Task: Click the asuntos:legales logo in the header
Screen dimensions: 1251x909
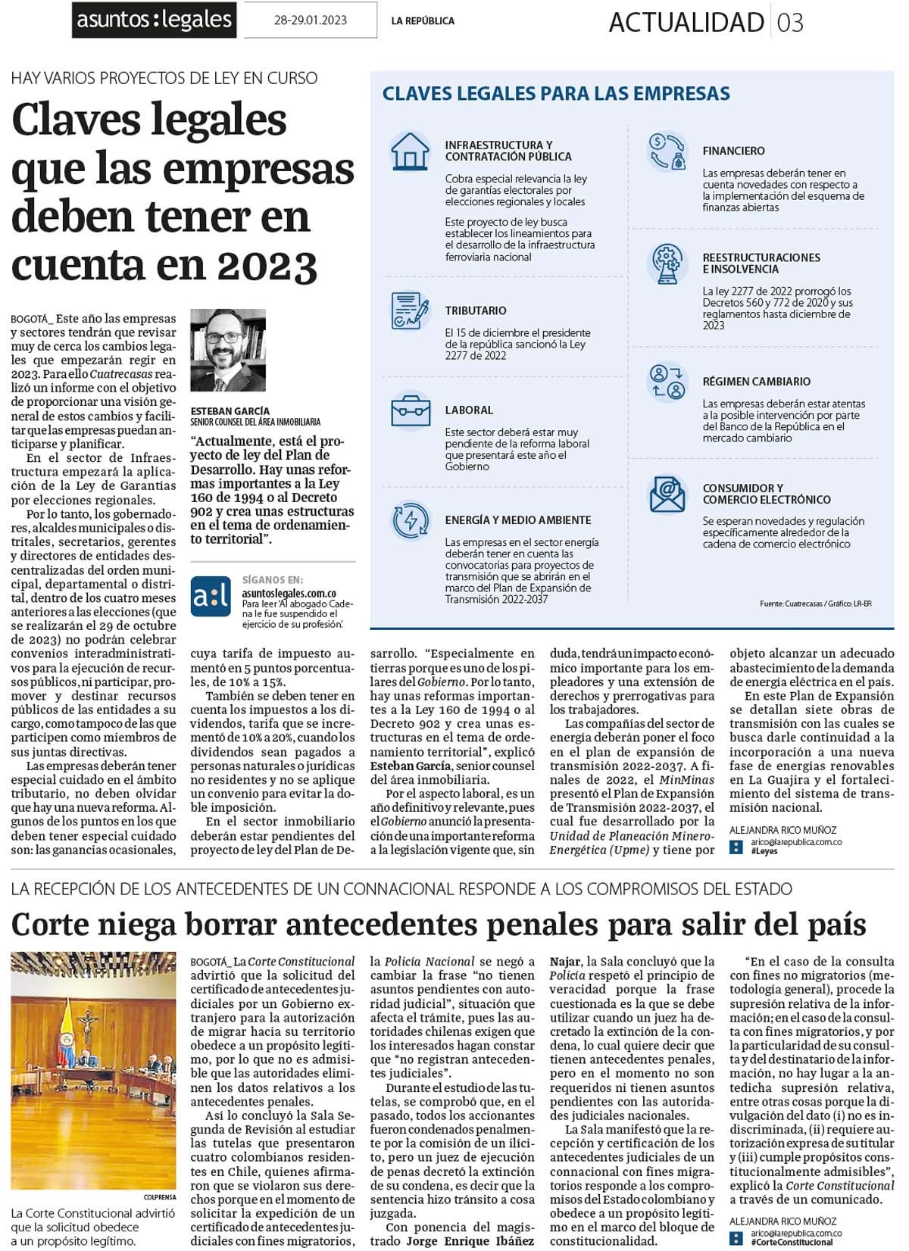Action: point(155,20)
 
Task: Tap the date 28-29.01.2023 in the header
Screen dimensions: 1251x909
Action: point(310,20)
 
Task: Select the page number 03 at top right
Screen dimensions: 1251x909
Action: point(790,23)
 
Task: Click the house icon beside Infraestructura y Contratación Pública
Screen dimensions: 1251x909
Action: point(410,151)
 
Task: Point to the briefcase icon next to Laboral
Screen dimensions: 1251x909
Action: point(411,410)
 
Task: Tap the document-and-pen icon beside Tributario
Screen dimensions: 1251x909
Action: point(410,310)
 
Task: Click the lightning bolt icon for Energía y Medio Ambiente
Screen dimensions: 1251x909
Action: point(411,521)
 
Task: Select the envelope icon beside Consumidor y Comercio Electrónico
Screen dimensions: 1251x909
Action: point(667,494)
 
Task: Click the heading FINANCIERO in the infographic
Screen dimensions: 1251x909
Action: point(733,151)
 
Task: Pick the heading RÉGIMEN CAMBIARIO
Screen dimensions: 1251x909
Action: point(756,382)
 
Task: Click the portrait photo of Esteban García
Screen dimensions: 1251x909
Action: point(227,350)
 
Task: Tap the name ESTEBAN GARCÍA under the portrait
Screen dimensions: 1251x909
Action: point(230,411)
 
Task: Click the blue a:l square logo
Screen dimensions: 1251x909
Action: point(210,596)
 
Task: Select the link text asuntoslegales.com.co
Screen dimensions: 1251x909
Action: point(289,594)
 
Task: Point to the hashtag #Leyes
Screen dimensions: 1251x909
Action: point(764,851)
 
